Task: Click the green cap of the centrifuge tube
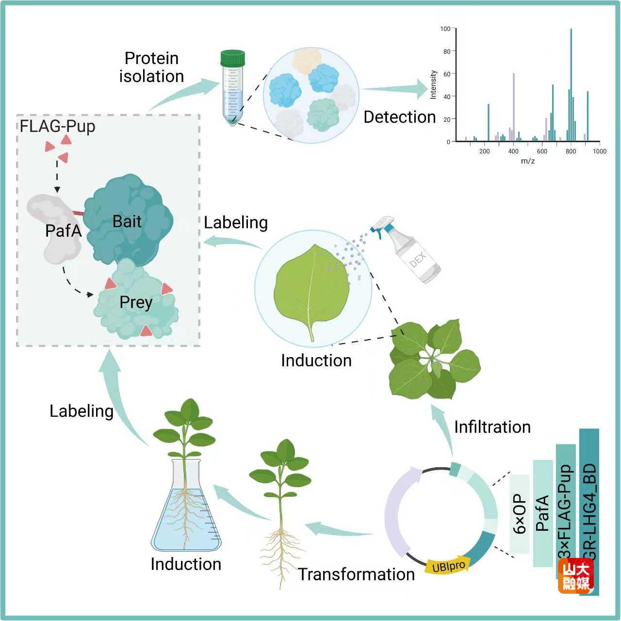coord(232,58)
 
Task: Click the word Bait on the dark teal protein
coord(127,222)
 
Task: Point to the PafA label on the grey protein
coord(63,230)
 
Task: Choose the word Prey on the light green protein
coord(136,302)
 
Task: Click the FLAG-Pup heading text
coord(57,126)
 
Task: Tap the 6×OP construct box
coord(520,514)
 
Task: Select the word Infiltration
coord(492,427)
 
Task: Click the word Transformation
coord(356,574)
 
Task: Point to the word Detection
coord(399,117)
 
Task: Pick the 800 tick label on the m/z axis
coord(571,151)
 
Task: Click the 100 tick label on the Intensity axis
coord(445,29)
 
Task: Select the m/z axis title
coord(527,161)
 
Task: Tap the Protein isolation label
coord(151,67)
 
